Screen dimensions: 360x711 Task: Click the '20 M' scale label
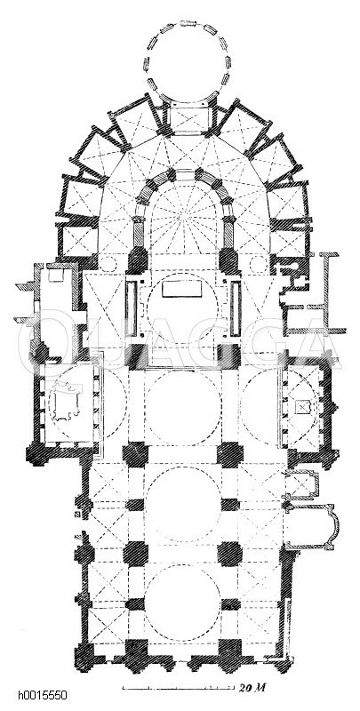252,687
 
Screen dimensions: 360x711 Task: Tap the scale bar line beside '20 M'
179,688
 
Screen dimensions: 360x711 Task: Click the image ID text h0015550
43,695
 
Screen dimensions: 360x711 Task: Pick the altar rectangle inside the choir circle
181,288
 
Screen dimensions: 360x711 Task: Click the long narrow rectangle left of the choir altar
132,308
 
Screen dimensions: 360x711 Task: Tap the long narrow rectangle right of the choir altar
236,308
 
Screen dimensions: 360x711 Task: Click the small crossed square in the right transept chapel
301,407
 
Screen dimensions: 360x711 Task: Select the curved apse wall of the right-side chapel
333,526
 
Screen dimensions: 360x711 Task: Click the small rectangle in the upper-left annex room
56,275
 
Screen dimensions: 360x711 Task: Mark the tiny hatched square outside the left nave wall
78,515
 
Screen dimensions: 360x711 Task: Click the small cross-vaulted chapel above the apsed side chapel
300,483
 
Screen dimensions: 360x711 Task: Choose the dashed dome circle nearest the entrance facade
182,603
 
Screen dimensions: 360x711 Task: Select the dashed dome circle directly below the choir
183,407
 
